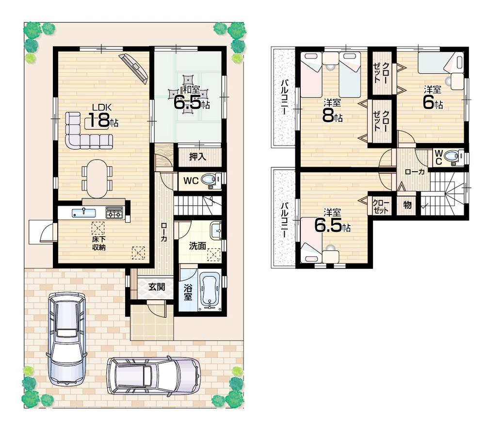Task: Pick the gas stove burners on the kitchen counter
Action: click(115, 212)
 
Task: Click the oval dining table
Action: click(97, 178)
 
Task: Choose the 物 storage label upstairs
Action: click(407, 205)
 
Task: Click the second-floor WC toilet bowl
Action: click(453, 157)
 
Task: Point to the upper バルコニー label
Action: click(284, 97)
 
